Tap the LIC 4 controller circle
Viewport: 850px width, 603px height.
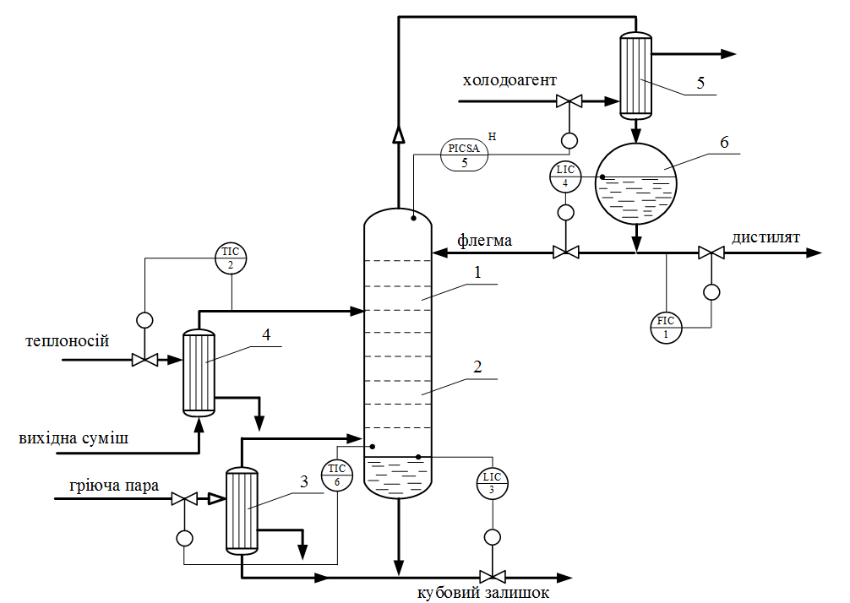564,177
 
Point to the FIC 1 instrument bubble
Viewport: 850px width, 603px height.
666,327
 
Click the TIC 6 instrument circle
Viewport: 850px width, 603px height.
337,475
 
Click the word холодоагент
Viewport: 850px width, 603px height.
509,81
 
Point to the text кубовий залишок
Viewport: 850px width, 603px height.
483,593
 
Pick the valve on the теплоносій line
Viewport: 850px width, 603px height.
144,360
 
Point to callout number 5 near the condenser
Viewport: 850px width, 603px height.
700,83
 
